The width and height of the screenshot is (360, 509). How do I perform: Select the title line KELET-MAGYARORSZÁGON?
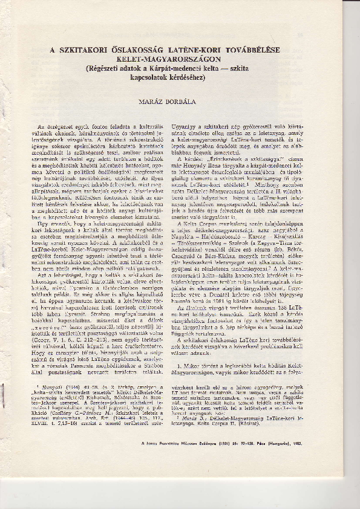tap(180, 61)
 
